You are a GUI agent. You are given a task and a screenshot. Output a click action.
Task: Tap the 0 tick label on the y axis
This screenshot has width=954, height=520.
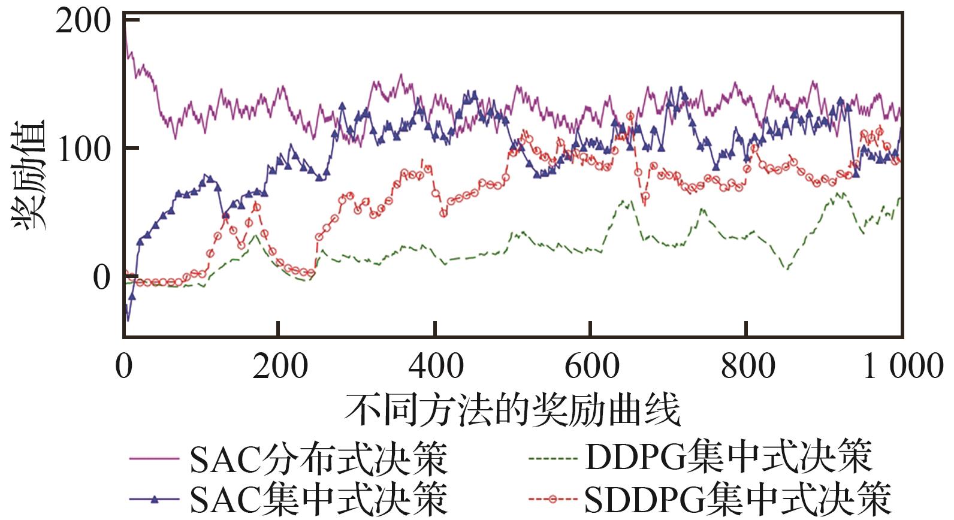tap(102, 277)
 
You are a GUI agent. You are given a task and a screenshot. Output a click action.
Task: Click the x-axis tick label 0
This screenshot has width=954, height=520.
tap(124, 365)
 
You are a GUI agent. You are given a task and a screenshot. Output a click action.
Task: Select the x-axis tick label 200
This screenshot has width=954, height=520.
tap(279, 365)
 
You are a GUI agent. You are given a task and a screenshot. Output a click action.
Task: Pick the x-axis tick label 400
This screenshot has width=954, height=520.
tap(435, 365)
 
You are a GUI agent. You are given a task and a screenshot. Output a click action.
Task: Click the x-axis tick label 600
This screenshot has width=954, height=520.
tap(591, 365)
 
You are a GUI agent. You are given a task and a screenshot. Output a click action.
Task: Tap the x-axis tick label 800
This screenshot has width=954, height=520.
tap(747, 365)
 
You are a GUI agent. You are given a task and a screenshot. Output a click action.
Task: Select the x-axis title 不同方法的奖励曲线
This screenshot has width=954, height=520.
tap(512, 411)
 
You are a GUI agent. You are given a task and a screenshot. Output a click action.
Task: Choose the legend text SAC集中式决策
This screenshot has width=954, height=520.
tap(318, 498)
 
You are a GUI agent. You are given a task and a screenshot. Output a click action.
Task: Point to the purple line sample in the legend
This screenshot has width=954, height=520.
tap(154, 459)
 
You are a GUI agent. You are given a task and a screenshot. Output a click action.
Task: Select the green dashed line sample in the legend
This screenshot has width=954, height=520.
tap(554, 459)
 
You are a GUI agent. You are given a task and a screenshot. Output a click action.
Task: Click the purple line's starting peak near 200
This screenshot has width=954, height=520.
tap(125, 30)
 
